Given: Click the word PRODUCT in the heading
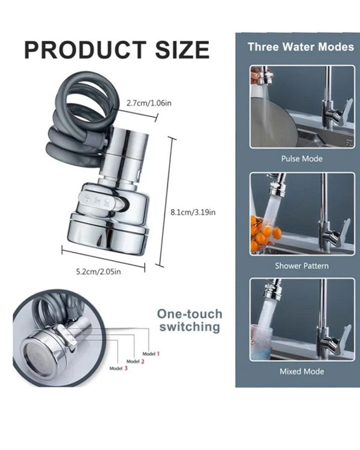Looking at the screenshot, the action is [85, 50].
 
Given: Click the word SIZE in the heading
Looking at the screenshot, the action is [182, 50].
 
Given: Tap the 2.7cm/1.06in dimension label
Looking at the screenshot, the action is [149, 103].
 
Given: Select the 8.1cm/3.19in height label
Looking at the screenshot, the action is [193, 212].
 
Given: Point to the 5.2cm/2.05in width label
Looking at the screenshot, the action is [98, 271].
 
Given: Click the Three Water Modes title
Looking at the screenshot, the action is [301, 47].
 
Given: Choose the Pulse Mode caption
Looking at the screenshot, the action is [302, 159].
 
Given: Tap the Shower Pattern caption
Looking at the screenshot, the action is [302, 266].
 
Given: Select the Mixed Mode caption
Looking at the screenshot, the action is [302, 371].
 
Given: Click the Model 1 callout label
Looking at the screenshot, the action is [151, 354].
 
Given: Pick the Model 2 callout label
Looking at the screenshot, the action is [135, 361].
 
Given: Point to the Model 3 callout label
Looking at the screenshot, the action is [118, 368].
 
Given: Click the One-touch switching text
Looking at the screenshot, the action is [190, 320].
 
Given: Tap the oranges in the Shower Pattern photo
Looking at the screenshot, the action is [262, 234].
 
